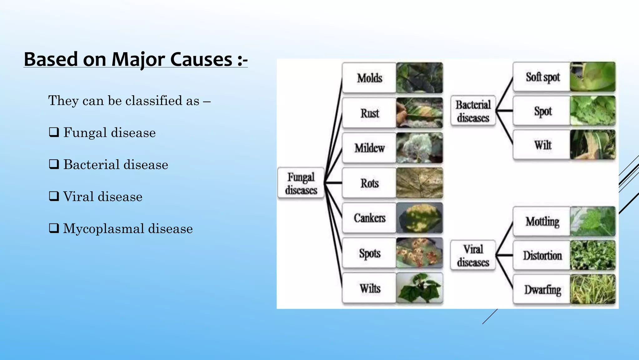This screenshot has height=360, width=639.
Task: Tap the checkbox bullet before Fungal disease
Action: coord(54,132)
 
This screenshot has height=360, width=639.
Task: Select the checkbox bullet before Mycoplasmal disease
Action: coord(54,228)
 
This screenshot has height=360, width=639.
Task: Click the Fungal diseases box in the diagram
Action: coord(301,183)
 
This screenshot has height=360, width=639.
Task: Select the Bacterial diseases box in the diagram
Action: coord(473,111)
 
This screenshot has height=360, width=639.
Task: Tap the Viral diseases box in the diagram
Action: coord(473,255)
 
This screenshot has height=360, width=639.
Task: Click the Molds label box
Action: coord(369,78)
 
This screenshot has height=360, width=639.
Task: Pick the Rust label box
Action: coord(369,113)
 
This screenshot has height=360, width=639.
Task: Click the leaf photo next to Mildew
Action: coord(419,147)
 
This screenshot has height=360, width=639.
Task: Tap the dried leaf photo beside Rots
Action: coord(419,183)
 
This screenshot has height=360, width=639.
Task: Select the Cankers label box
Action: coord(369,218)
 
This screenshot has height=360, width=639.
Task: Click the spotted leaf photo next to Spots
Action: coord(419,253)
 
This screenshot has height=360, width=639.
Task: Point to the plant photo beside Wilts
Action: coord(419,288)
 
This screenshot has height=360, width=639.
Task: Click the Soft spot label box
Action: coord(542,77)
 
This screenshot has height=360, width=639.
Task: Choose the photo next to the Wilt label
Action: coord(593,145)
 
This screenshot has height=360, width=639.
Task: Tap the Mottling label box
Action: coord(542,221)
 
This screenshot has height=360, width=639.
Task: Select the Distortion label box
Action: coord(542,255)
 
